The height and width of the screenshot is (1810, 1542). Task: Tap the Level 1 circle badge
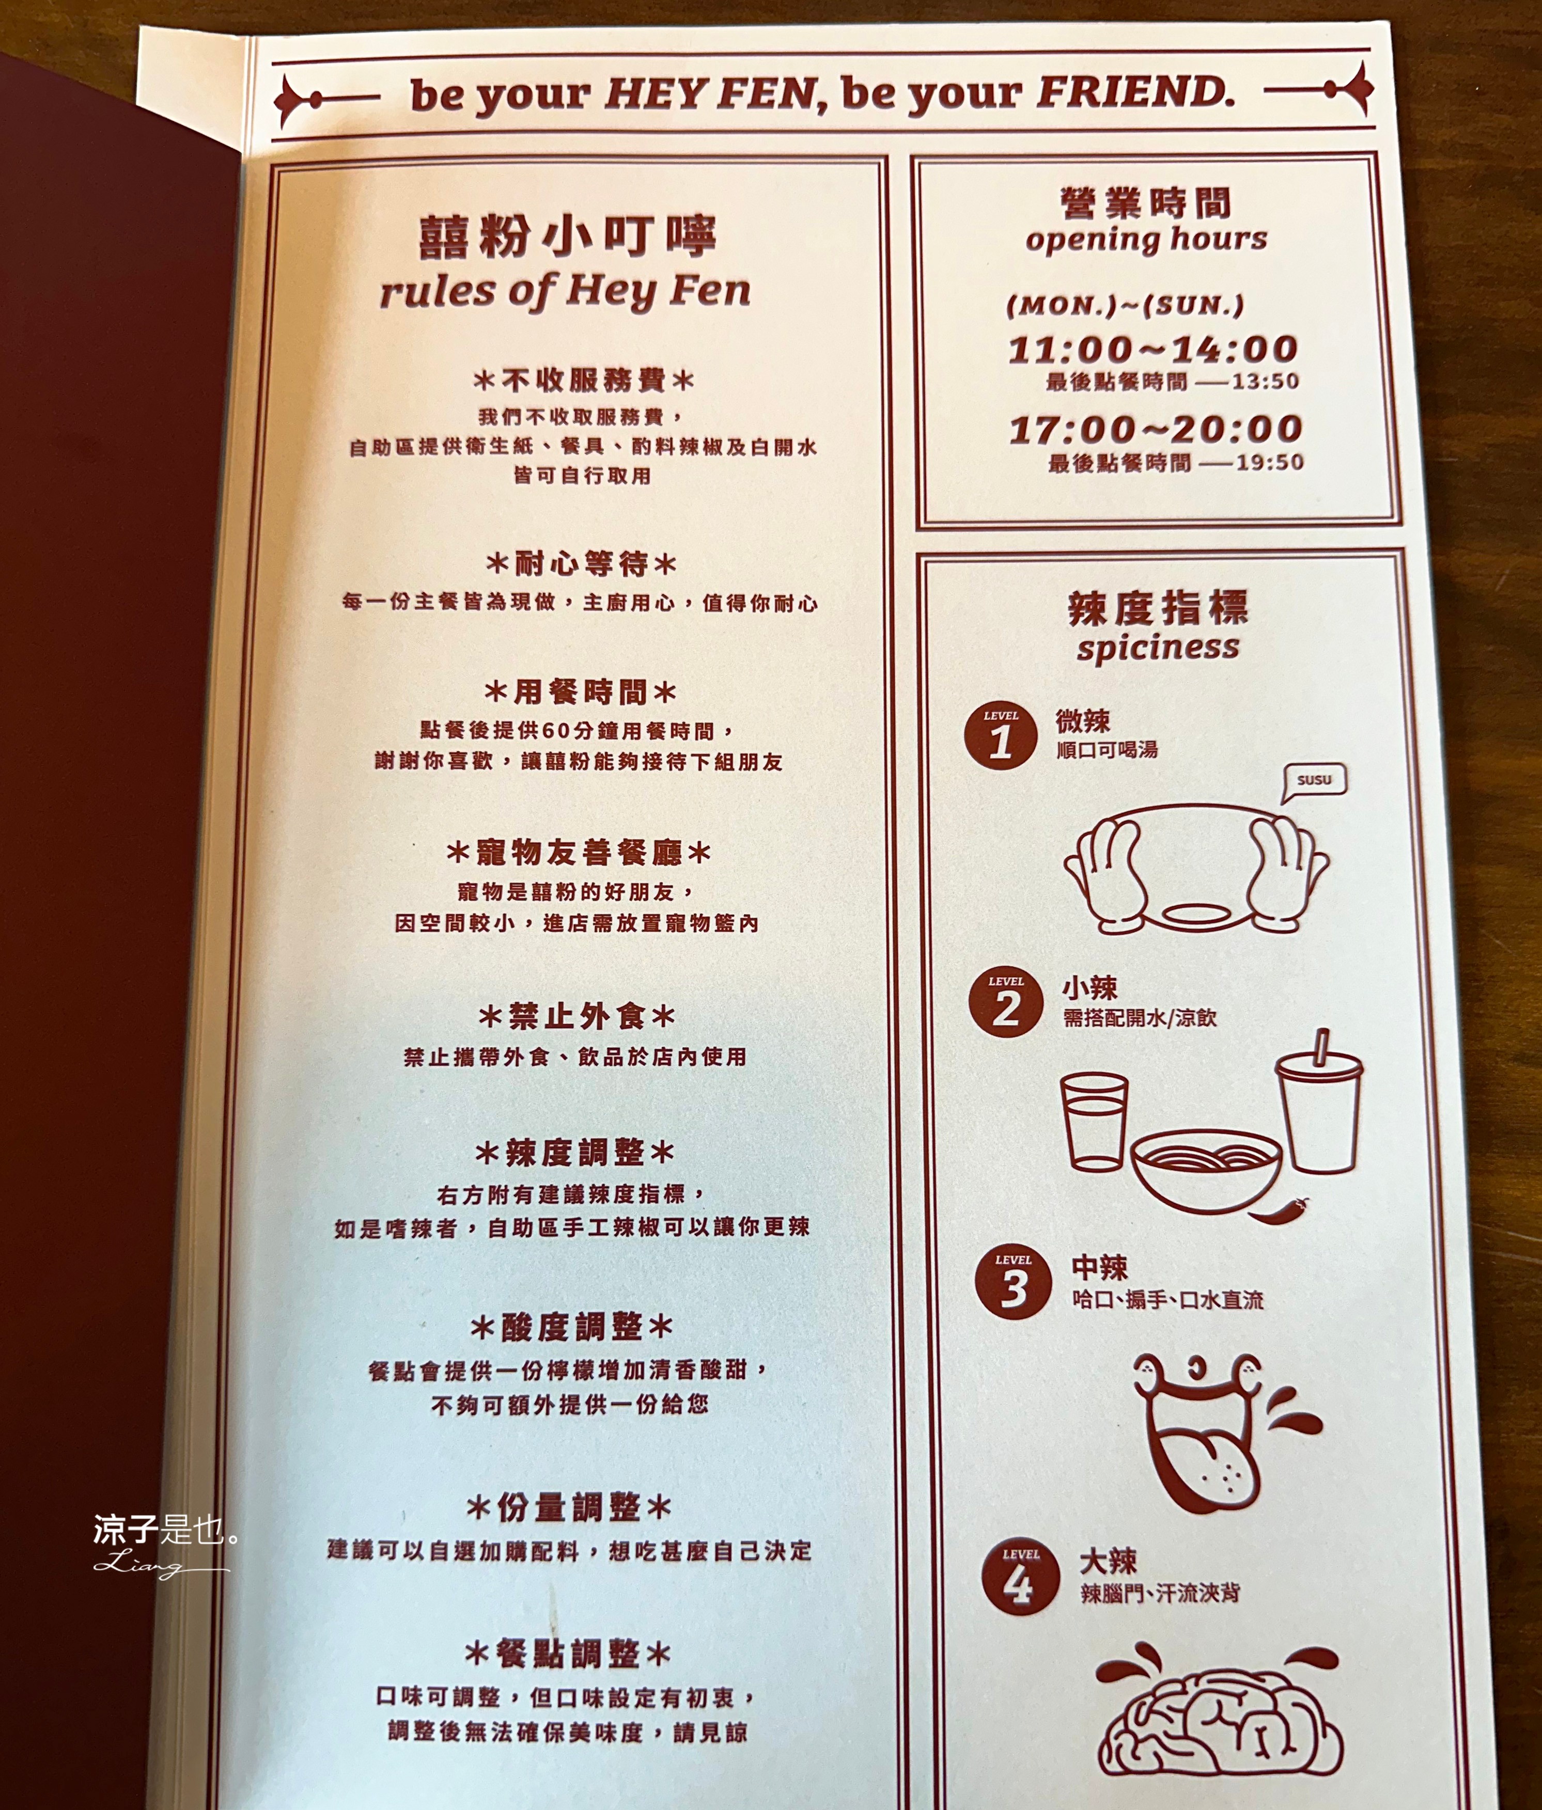(x=1000, y=735)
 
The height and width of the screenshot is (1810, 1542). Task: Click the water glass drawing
(x=1094, y=1120)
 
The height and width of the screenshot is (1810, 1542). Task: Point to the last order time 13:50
(x=1265, y=382)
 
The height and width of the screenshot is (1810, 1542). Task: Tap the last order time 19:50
(x=1269, y=462)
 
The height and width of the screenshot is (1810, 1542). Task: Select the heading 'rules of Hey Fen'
(x=565, y=291)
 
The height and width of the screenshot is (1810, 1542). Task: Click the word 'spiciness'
(x=1158, y=647)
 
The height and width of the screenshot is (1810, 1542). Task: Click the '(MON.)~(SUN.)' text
(x=1125, y=306)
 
